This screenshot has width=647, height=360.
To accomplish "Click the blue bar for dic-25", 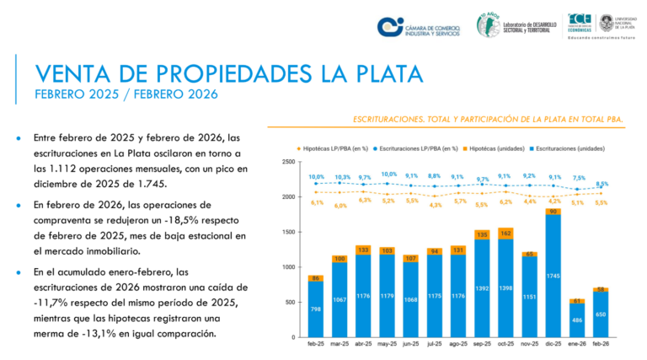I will [552, 278].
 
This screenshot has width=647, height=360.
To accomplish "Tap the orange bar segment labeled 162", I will [505, 233].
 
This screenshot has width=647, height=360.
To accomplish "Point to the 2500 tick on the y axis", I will [288, 162].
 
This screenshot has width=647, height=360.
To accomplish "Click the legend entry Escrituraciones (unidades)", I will [575, 148].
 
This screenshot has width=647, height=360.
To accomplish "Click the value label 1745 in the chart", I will [552, 277].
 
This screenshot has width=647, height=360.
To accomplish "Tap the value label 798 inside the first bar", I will [315, 310].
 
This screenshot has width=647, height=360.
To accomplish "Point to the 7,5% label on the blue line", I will [579, 179].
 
